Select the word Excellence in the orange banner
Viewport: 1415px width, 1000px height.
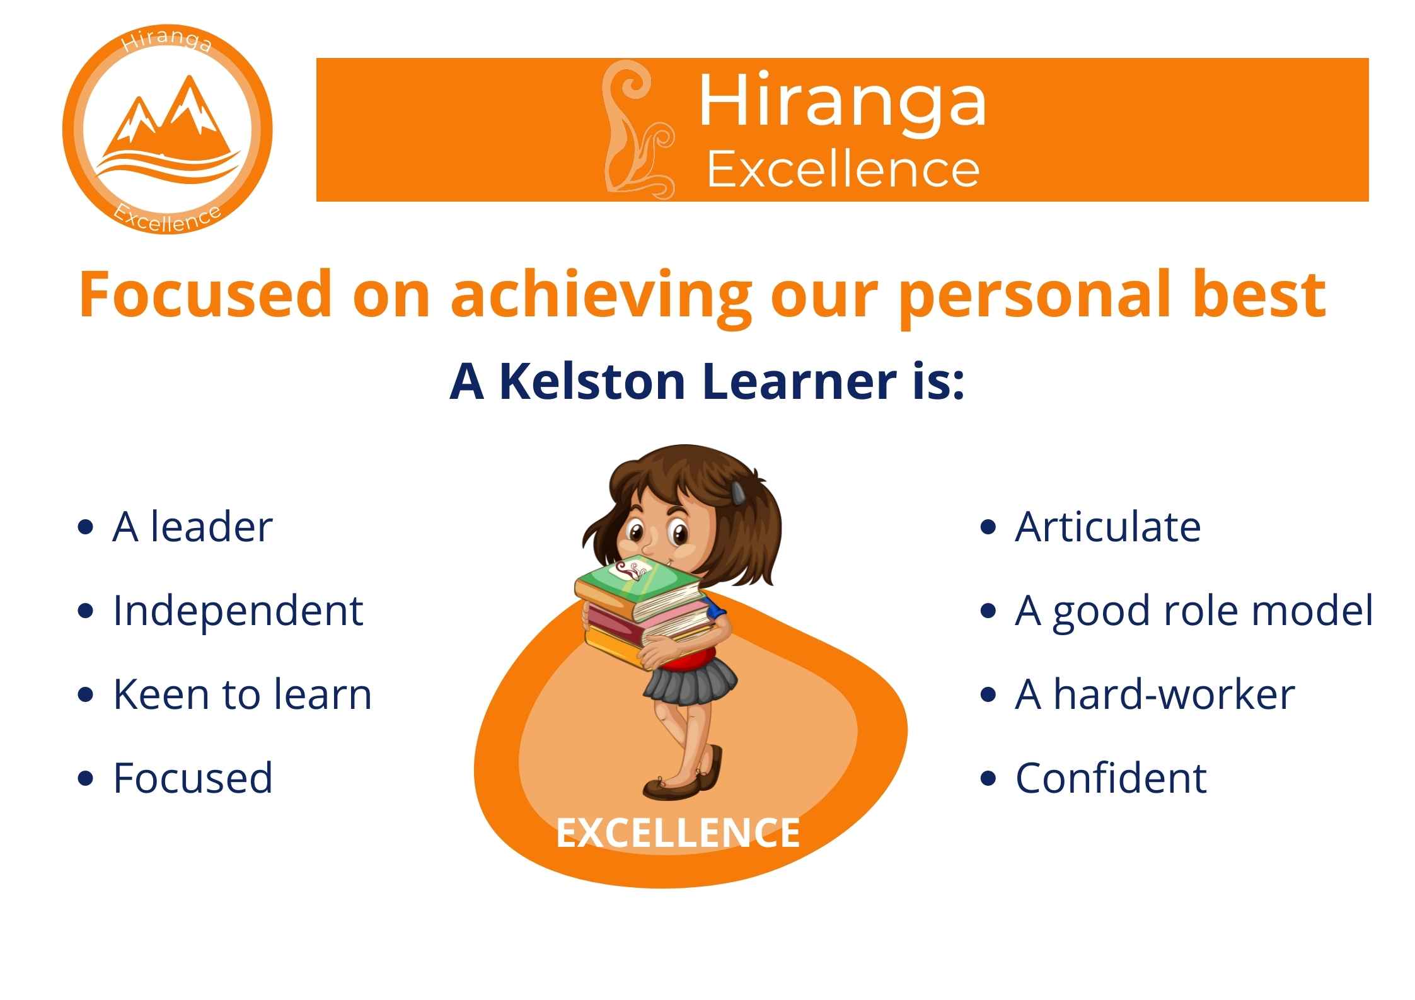[843, 170]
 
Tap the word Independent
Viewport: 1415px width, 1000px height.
[238, 611]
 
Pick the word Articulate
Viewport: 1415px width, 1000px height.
[1107, 527]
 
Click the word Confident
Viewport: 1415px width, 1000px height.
[1111, 778]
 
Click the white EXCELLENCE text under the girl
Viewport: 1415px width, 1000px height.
[678, 832]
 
